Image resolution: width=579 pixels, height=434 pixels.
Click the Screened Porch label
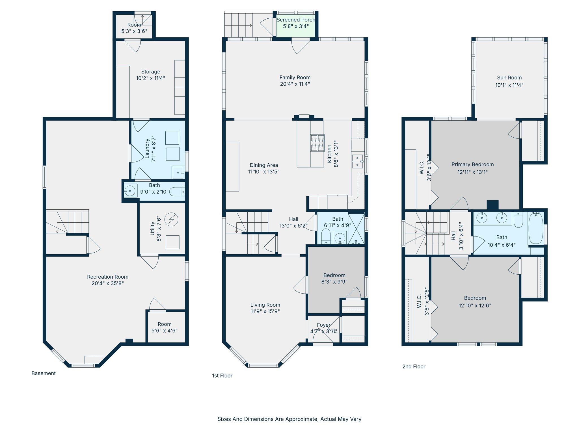pos(295,20)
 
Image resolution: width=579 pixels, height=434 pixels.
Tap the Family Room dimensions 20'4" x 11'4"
pos(295,84)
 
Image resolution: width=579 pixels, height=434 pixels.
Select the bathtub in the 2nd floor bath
pos(535,228)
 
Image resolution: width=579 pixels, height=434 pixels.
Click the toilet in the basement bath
pos(177,192)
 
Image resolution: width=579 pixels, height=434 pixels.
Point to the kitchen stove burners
pos(317,143)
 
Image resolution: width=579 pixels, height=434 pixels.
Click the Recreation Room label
pos(108,277)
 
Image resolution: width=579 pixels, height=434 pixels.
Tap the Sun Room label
pos(509,78)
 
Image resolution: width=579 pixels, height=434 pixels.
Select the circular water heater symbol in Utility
pos(171,219)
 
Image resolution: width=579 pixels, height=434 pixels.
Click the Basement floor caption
pos(44,373)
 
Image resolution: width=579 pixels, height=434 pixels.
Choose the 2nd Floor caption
pos(414,366)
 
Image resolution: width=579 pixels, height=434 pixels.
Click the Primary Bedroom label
pos(472,164)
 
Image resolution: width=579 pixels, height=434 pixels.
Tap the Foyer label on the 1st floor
pos(323,325)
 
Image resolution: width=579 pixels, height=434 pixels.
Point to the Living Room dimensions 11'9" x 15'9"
pos(265,311)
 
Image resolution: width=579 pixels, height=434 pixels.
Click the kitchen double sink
pos(357,161)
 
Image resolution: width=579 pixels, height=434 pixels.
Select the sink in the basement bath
pos(130,191)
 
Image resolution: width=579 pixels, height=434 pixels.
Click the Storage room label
pos(151,72)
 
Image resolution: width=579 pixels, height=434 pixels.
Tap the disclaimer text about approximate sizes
pos(289,419)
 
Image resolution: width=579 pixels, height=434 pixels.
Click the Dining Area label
pos(264,165)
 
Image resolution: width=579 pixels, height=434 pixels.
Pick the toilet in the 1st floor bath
pos(326,236)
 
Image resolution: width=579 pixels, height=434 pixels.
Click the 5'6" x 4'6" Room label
pos(165,324)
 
